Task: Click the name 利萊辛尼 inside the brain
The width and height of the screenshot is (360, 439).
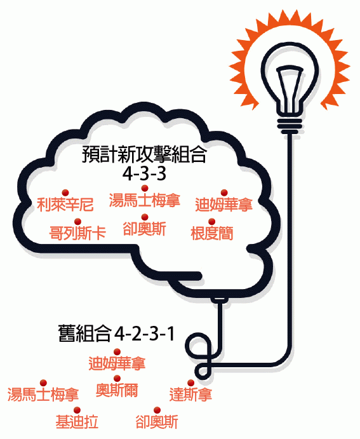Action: pyautogui.click(x=65, y=205)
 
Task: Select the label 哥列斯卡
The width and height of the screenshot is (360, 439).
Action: pyautogui.click(x=77, y=233)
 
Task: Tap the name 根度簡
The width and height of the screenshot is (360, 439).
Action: pyautogui.click(x=212, y=233)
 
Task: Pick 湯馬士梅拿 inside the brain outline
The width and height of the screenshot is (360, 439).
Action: pyautogui.click(x=144, y=200)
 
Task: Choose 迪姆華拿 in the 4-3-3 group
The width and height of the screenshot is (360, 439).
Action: pyautogui.click(x=223, y=205)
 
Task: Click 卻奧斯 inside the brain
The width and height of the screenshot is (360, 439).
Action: pyautogui.click(x=144, y=229)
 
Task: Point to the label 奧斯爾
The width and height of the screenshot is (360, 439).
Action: pyautogui.click(x=117, y=390)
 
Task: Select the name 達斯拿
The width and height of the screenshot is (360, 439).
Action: pyautogui.click(x=190, y=395)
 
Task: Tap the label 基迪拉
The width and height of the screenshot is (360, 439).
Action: pyautogui.click(x=77, y=422)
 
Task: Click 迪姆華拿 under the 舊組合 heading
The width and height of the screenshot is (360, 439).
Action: pyautogui.click(x=117, y=363)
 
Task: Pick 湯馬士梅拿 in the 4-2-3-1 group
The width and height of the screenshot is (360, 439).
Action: pyautogui.click(x=43, y=395)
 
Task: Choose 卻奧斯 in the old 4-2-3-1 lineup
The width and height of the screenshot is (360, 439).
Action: pyautogui.click(x=157, y=422)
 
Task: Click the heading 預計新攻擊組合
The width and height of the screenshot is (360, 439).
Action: pyautogui.click(x=144, y=154)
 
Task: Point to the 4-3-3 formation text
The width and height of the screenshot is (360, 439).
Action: pyautogui.click(x=144, y=174)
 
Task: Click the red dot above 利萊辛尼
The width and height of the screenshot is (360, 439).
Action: pyautogui.click(x=65, y=192)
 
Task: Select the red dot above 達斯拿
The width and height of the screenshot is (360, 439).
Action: pyautogui.click(x=190, y=382)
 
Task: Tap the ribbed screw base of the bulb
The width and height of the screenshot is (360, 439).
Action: pyautogui.click(x=290, y=125)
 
